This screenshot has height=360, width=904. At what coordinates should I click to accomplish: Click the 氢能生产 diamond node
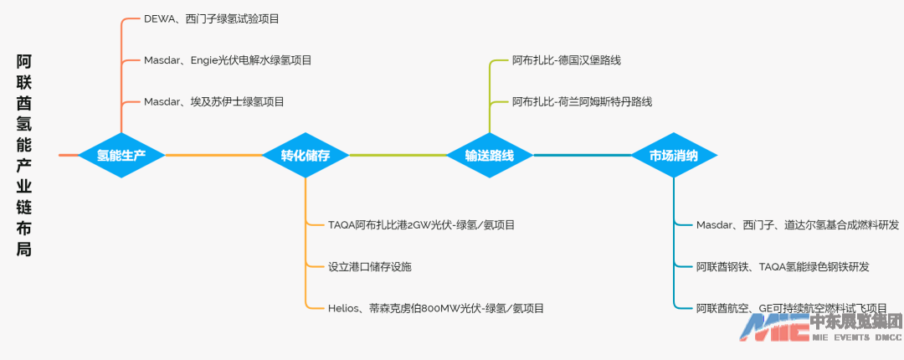121,155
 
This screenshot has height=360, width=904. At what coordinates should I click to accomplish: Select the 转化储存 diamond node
306,155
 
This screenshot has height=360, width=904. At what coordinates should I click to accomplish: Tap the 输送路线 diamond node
490,155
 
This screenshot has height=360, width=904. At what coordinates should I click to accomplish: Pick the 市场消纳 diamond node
674,155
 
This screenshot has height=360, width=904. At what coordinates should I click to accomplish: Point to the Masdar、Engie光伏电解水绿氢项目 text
228,60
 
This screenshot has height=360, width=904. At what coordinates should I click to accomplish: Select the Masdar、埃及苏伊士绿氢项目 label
214,101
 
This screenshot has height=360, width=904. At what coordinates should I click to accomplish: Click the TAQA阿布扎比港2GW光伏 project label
421,224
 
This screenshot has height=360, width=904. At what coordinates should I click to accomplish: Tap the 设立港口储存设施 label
370,266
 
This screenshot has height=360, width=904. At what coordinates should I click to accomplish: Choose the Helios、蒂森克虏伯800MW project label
436,308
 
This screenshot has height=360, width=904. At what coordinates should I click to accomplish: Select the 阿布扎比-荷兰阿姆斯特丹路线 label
582,101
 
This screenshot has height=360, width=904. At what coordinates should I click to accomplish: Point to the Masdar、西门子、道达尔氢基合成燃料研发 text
798,224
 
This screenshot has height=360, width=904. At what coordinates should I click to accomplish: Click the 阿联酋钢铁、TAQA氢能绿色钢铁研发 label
783,266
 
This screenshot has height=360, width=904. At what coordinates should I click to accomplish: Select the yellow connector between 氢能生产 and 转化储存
213,155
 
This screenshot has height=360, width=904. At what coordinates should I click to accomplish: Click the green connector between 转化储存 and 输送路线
398,155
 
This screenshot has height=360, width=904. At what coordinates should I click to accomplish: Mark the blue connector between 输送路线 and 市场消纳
582,155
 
